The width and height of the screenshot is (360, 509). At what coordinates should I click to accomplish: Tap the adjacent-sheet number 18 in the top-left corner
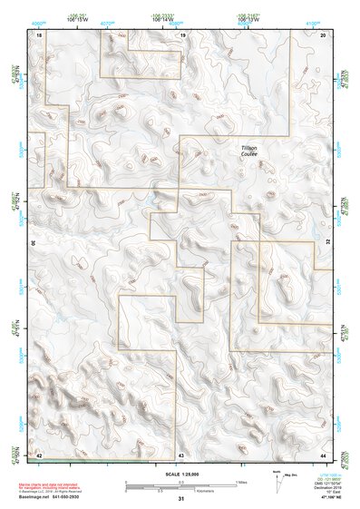click(39, 34)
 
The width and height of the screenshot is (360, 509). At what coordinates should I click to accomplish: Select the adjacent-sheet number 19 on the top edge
click(181, 34)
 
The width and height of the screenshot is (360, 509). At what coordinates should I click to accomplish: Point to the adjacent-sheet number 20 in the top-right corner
click(323, 34)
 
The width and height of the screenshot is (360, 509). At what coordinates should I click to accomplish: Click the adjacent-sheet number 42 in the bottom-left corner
click(39, 453)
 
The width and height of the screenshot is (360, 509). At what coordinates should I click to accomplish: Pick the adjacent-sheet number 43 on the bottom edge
click(181, 453)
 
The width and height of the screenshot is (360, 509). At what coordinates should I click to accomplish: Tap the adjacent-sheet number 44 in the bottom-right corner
click(323, 453)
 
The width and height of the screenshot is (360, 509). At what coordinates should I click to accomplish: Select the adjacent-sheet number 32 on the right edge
click(327, 243)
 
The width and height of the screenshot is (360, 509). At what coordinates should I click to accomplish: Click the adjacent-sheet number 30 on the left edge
click(34, 243)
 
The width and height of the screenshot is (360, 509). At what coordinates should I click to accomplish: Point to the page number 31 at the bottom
click(181, 499)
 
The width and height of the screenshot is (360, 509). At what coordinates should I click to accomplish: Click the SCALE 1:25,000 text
click(180, 474)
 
